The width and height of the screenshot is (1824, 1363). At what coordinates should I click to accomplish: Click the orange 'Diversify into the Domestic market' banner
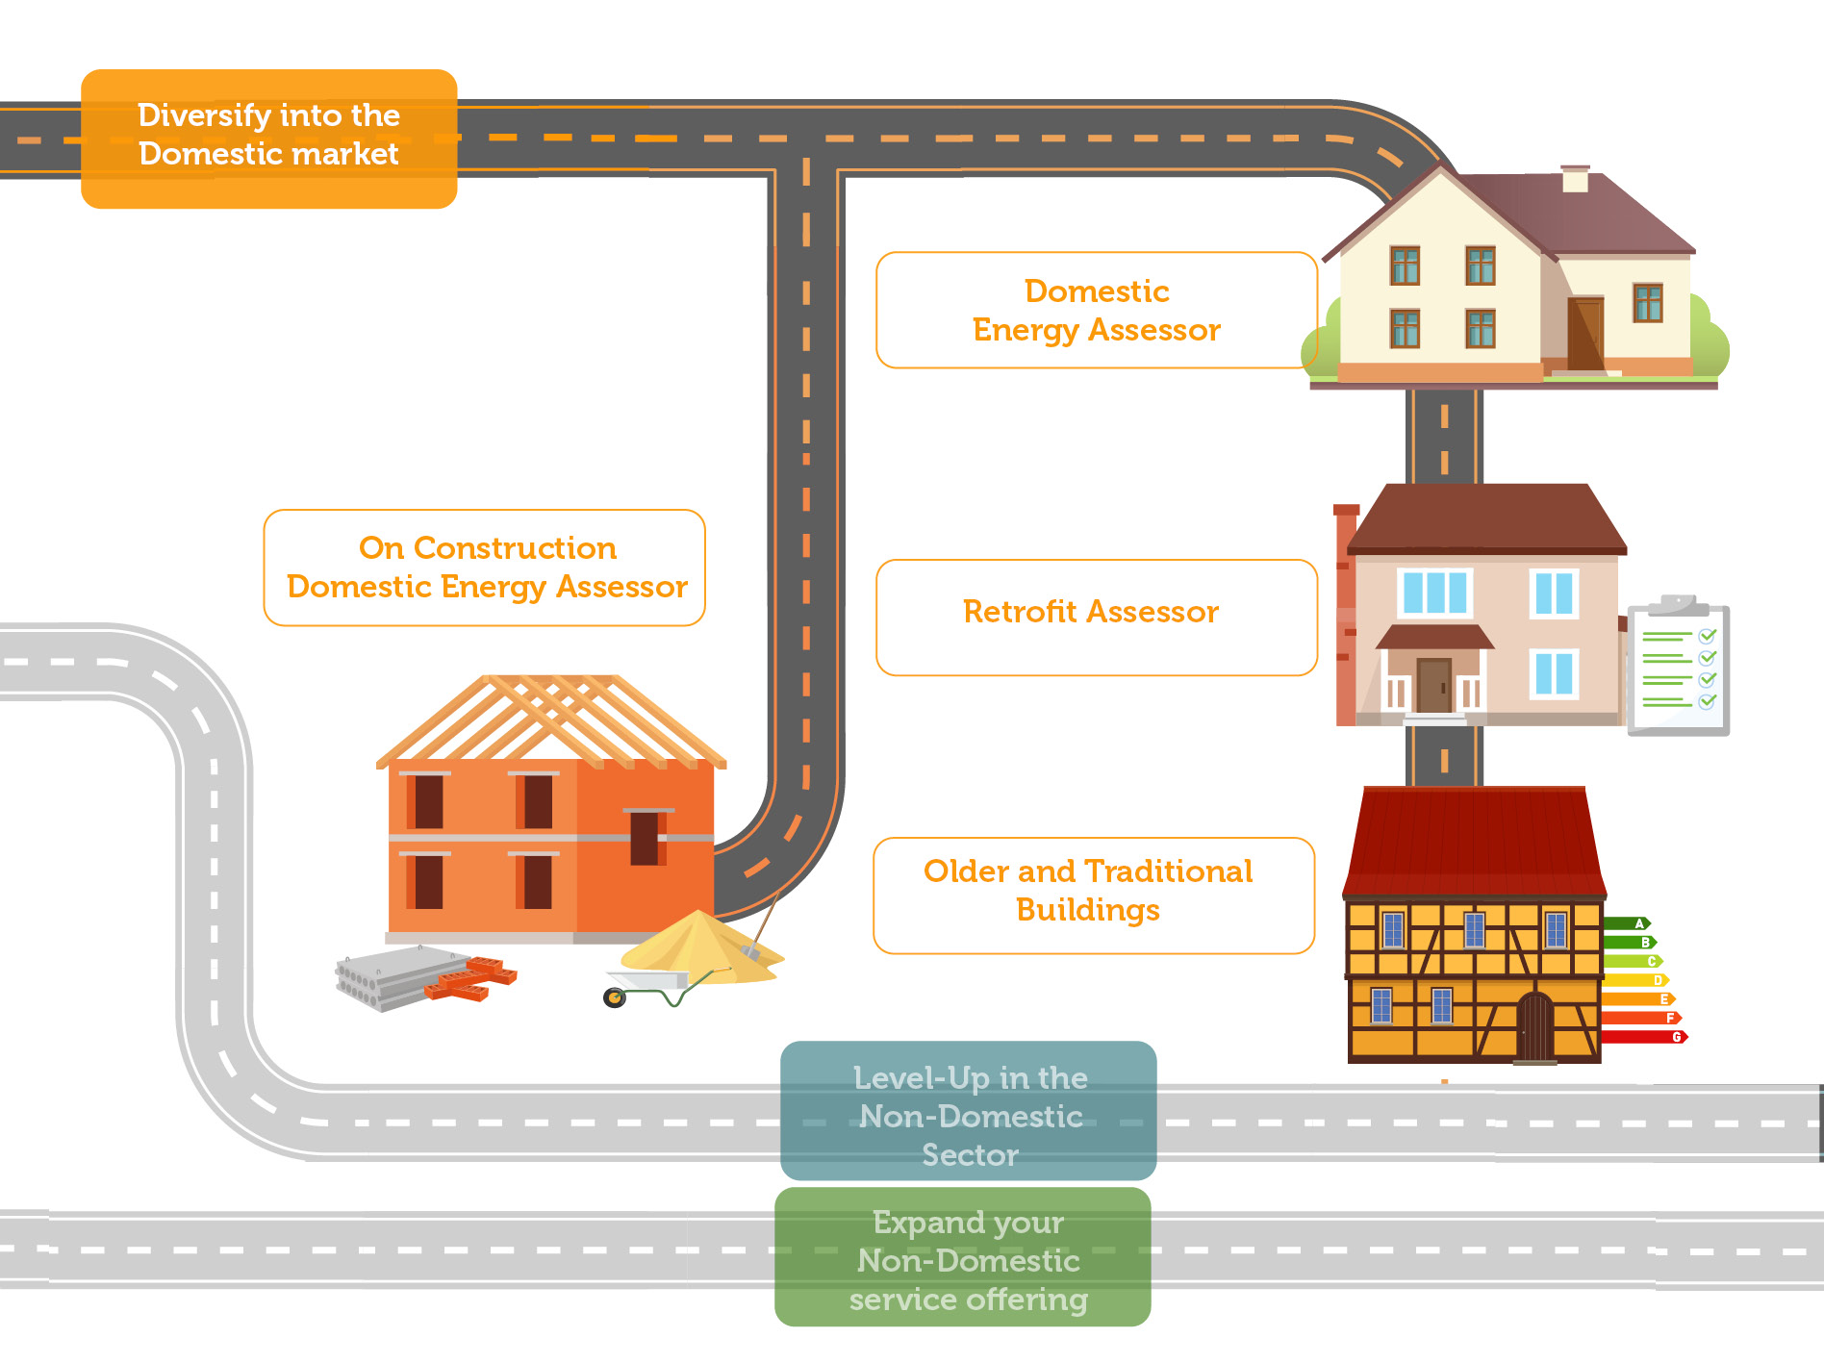(x=268, y=139)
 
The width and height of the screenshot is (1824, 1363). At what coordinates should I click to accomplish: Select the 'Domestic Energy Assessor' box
(x=1096, y=310)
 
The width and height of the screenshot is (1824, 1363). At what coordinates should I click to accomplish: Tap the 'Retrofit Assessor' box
(x=1096, y=617)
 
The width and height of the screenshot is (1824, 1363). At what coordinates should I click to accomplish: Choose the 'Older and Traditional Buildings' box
(x=1093, y=895)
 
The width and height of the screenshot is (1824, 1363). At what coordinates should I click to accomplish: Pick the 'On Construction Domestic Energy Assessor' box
(x=485, y=568)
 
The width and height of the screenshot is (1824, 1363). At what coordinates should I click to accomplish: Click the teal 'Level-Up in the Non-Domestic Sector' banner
(x=968, y=1111)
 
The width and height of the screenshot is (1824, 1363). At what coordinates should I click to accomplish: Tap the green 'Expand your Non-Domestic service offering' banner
(x=963, y=1256)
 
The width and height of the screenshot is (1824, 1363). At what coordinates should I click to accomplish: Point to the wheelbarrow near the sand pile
(x=654, y=988)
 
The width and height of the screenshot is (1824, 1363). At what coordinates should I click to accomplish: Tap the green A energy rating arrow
(x=1626, y=923)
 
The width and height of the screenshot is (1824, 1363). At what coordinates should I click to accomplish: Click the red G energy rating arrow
(x=1643, y=1037)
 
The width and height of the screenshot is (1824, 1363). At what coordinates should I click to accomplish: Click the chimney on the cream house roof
(x=1575, y=179)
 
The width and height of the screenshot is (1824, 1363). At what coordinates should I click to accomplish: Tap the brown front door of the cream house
(x=1584, y=334)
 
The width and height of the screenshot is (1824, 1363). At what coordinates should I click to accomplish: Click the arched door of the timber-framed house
(x=1534, y=1026)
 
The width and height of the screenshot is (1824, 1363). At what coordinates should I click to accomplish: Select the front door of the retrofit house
(x=1433, y=685)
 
